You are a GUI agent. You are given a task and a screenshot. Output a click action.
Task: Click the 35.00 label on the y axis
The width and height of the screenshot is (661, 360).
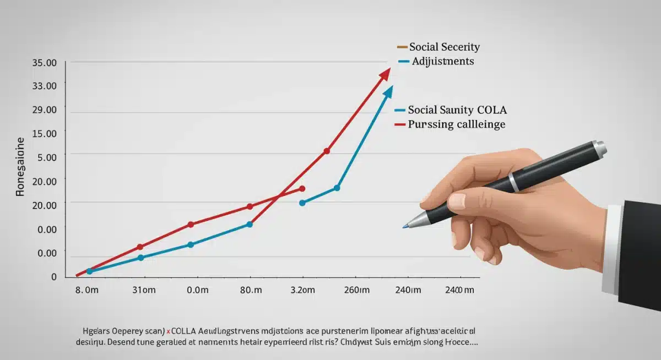click(x=45, y=63)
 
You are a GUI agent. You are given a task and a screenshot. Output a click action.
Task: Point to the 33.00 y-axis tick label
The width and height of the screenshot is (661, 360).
click(x=45, y=86)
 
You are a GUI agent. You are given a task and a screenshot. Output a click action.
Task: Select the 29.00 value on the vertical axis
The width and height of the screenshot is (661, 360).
click(x=45, y=110)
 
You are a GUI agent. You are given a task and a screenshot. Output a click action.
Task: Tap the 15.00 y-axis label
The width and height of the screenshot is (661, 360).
click(x=45, y=133)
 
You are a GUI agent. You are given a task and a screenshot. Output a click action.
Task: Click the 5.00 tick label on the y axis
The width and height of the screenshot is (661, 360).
click(x=47, y=157)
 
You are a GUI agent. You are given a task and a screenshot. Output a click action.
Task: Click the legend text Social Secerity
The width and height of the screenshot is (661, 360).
click(x=444, y=47)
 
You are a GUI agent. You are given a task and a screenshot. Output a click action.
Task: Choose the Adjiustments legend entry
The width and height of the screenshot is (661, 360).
click(x=442, y=61)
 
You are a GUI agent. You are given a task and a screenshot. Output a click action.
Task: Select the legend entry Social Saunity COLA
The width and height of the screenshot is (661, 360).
click(x=457, y=110)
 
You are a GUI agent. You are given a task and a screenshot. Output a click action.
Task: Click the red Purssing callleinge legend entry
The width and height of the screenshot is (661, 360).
click(x=456, y=124)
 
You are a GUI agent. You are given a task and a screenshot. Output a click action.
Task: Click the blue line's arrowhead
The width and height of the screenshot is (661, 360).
click(x=388, y=91)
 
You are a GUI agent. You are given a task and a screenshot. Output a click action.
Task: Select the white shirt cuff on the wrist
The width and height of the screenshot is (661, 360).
click(x=611, y=248)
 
